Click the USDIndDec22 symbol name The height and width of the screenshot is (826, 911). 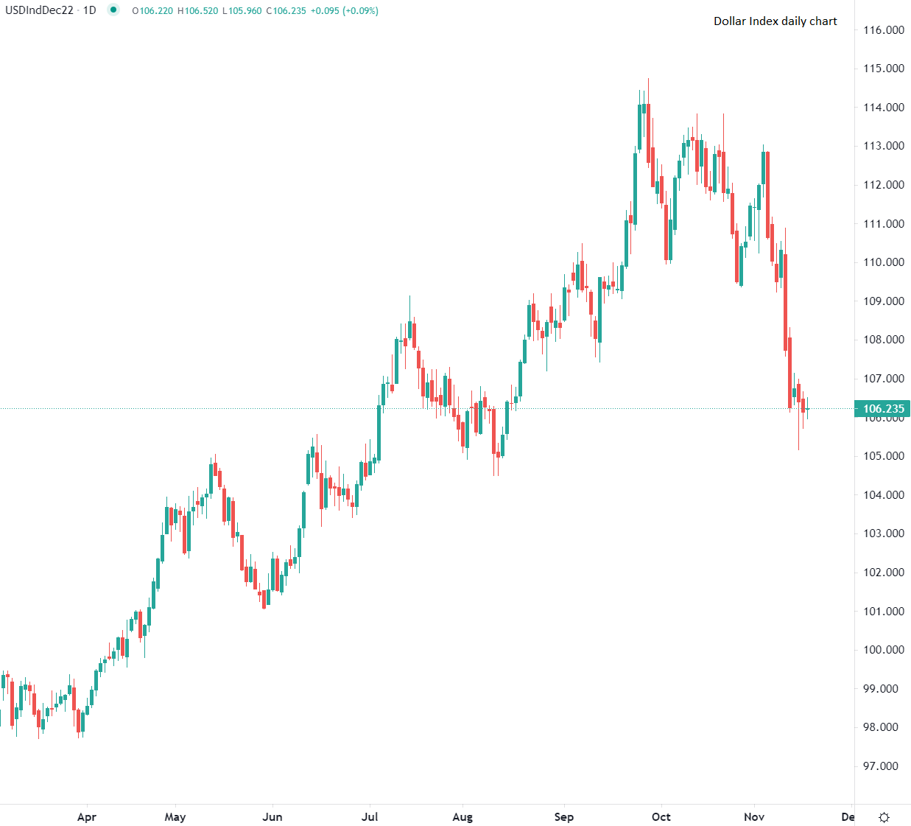39,10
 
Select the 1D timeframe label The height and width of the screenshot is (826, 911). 89,10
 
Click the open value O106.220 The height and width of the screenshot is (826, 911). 152,11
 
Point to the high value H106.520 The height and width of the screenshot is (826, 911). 198,11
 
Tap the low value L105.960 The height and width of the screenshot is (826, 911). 242,11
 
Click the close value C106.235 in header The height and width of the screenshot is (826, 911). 286,11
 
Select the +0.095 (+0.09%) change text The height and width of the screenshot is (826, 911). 345,11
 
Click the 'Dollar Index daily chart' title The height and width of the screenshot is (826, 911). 775,21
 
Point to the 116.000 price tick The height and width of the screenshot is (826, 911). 884,30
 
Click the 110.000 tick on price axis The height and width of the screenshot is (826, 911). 884,262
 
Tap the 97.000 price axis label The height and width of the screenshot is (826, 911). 881,766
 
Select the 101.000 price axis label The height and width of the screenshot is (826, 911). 884,612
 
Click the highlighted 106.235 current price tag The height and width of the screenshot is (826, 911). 883,409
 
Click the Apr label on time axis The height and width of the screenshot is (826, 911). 87,816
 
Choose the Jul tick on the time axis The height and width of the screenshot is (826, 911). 370,816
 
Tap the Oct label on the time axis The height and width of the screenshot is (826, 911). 661,816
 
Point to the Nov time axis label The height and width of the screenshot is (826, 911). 754,816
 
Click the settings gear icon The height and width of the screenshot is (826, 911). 884,817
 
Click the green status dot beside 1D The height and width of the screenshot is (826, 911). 113,10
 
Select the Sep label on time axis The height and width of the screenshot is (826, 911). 564,816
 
